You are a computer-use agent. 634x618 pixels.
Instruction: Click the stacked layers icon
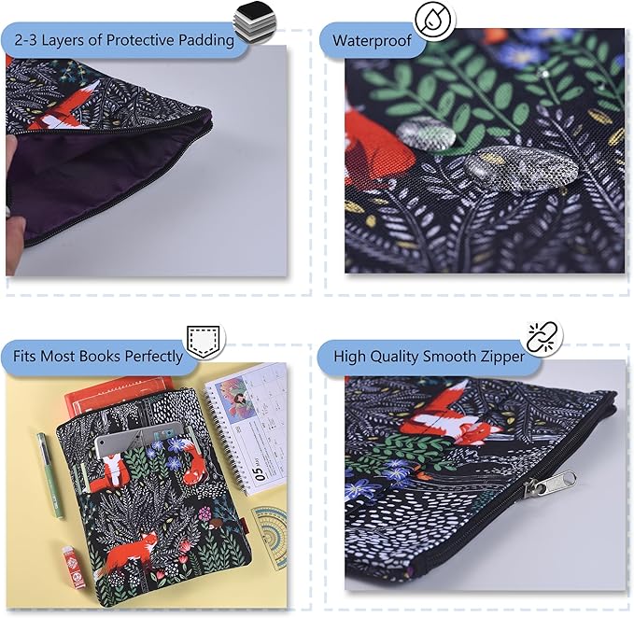point(249,21)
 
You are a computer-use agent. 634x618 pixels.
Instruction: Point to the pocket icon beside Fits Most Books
point(204,341)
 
